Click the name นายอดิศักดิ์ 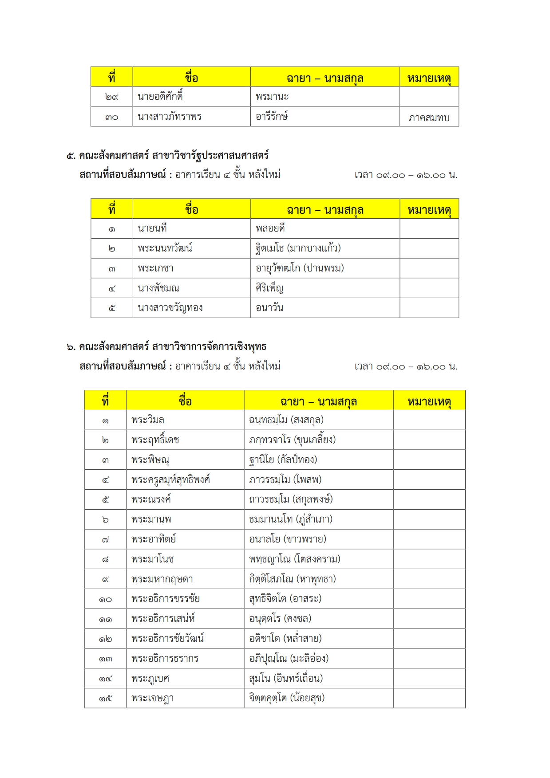(160, 96)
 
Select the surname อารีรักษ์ (272, 116)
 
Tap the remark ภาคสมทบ (429, 118)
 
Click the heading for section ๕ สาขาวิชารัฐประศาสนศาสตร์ (167, 155)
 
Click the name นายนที (152, 228)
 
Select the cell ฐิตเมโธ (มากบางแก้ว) (298, 248)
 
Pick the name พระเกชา (155, 268)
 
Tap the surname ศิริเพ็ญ (269, 288)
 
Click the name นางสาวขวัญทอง (170, 308)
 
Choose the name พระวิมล (148, 420)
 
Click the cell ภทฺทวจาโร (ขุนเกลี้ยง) (292, 440)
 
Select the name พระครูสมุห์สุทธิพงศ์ (170, 479)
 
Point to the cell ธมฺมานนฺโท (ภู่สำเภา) (290, 519)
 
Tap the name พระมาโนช (152, 559)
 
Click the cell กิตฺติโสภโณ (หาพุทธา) (292, 579)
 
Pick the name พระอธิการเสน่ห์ (163, 618)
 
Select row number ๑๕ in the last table (105, 698)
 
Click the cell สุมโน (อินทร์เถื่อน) (286, 678)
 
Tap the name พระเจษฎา (152, 698)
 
